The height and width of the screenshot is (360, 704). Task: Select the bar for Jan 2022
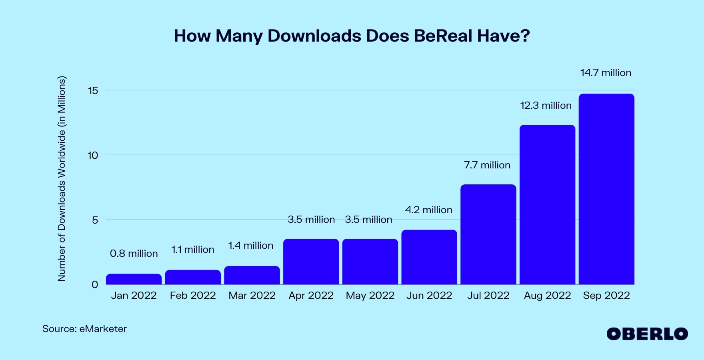click(134, 279)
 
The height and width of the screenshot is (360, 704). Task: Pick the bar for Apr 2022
click(311, 262)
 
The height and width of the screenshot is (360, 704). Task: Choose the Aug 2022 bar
click(547, 205)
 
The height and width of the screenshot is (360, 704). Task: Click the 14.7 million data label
click(606, 73)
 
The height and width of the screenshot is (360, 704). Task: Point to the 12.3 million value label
click(546, 106)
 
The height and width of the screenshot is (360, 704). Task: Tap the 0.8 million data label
click(134, 254)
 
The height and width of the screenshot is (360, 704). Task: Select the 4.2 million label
click(428, 210)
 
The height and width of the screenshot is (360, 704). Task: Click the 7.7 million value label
click(487, 165)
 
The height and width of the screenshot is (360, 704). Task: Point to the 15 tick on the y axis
click(93, 91)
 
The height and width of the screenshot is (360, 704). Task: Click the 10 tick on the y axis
click(92, 156)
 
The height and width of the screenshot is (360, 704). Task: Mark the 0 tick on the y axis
click(95, 285)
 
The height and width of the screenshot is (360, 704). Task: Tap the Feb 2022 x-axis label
click(193, 296)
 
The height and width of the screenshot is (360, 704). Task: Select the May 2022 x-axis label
click(370, 296)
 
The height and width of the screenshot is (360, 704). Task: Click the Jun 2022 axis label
click(429, 296)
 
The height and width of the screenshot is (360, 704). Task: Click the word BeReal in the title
click(443, 36)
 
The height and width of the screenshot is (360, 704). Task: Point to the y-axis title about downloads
click(61, 178)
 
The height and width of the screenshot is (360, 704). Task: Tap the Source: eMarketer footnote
click(84, 329)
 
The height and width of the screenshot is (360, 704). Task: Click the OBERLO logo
click(647, 334)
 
